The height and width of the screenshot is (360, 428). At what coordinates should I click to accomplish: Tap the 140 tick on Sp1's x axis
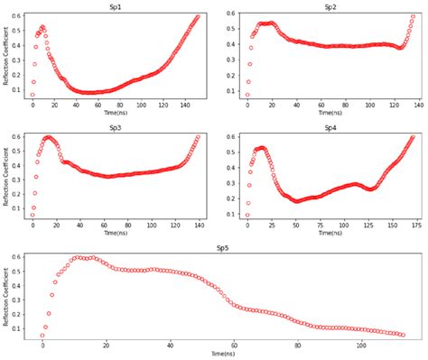click(184, 105)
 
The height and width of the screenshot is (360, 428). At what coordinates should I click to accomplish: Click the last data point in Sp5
click(402, 335)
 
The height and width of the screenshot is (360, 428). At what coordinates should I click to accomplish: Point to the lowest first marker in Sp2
click(247, 95)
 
